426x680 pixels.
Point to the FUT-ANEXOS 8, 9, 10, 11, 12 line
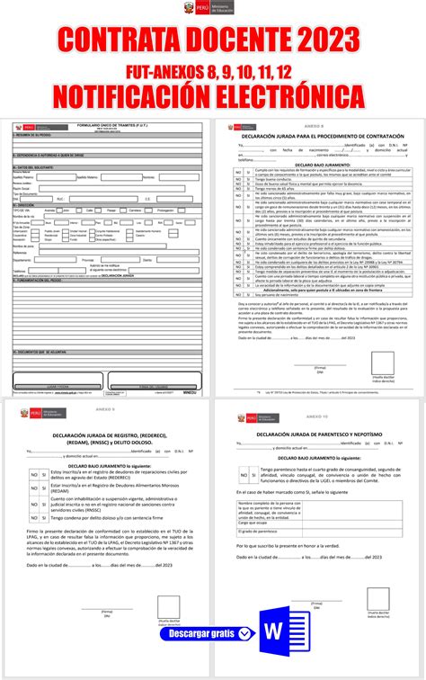[x=213, y=69]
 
